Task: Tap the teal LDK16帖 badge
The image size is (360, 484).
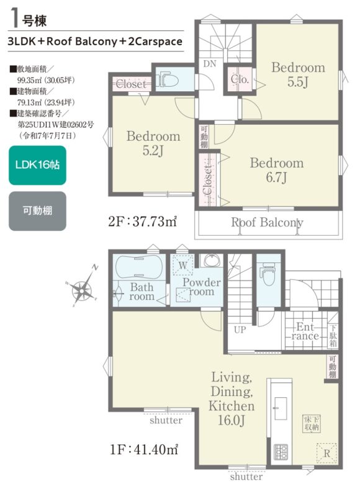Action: pos(37,165)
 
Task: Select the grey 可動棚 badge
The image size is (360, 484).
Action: pos(37,211)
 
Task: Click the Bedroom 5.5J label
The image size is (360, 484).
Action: pos(298,74)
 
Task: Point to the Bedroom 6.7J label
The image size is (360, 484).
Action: pos(277,170)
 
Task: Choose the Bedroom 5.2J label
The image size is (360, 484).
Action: pos(153,143)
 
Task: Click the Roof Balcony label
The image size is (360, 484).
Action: pos(267,222)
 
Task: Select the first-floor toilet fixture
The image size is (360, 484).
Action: pos(268,274)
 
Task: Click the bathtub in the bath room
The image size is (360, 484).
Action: pos(139,267)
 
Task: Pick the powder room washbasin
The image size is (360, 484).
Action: pos(212,260)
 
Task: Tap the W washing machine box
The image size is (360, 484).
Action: pos(182,265)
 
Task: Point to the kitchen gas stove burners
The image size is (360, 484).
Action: pos(281,452)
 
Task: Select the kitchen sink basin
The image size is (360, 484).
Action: pos(281,408)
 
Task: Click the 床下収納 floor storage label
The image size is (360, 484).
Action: pos(312,423)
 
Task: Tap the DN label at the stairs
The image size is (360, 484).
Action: pos(210,64)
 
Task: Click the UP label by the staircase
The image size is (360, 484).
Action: pos(240,330)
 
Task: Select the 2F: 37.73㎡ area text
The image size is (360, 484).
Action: pos(142,222)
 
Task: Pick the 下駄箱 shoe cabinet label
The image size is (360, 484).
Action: pos(333,336)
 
